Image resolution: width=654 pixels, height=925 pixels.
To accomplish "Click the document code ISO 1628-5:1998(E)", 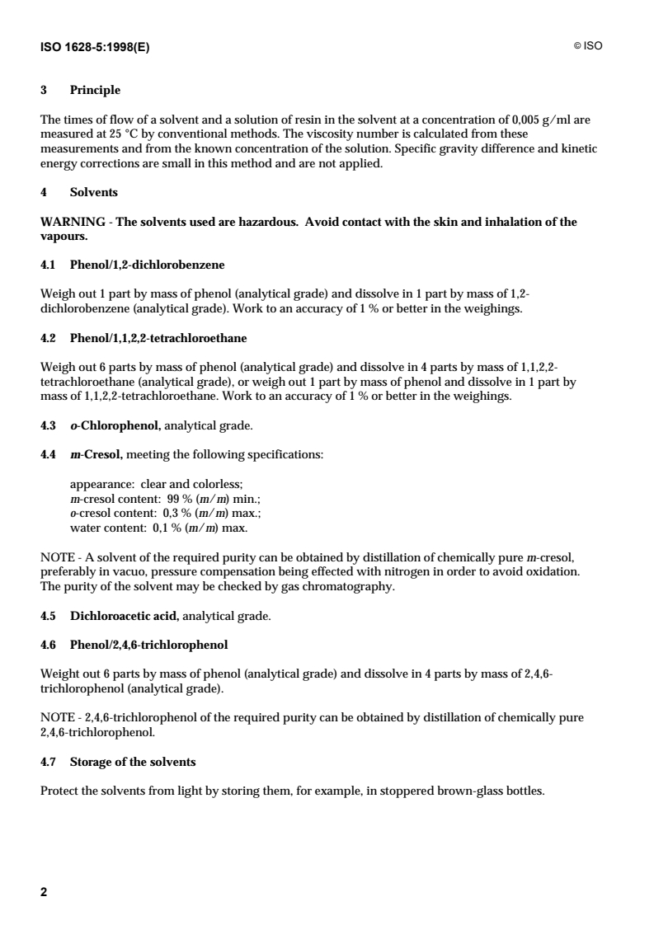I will coord(95,46).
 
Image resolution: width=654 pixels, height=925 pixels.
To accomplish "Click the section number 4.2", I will coord(49,338).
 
